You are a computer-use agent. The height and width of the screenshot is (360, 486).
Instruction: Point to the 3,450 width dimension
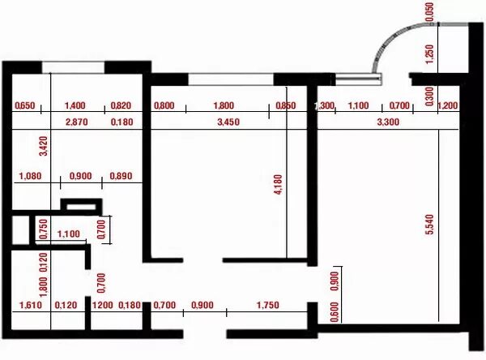(229, 122)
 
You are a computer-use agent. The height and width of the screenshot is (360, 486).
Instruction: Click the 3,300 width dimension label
(389, 122)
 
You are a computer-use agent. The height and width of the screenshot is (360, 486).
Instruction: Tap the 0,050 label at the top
(429, 11)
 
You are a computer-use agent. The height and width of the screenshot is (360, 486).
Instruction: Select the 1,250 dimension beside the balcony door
(429, 54)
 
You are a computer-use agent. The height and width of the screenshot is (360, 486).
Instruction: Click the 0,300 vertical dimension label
(429, 96)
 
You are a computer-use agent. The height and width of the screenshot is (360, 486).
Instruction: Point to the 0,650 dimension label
(26, 105)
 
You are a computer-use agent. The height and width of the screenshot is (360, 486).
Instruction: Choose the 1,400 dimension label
(75, 105)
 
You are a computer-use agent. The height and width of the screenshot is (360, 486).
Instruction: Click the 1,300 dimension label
(326, 106)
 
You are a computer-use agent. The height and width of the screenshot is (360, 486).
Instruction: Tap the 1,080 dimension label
(29, 176)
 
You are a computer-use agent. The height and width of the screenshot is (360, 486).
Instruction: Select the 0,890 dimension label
(119, 176)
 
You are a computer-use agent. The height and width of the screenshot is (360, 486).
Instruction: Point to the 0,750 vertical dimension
(43, 228)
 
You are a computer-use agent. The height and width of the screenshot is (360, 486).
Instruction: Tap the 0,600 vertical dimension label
(335, 311)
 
